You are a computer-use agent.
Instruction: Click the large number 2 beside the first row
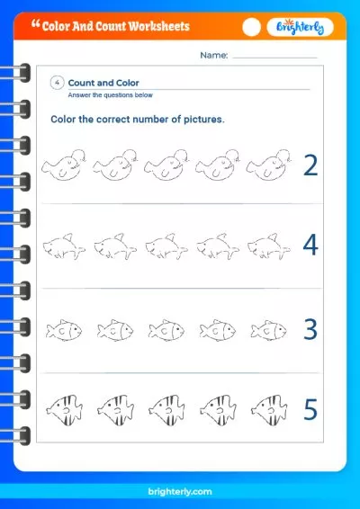click(310, 165)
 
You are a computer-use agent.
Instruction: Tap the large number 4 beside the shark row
click(310, 245)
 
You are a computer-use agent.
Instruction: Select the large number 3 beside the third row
click(310, 329)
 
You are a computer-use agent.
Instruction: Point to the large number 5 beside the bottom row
click(310, 409)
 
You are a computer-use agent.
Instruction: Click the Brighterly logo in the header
click(300, 27)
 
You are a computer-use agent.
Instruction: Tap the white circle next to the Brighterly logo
click(251, 27)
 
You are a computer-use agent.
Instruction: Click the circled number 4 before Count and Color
click(58, 83)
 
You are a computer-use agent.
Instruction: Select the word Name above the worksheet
click(214, 55)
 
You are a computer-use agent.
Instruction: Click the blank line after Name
click(274, 58)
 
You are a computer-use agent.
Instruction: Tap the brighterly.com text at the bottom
click(180, 492)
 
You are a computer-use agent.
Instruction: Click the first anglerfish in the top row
click(64, 165)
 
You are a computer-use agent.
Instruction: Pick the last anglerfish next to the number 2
click(269, 165)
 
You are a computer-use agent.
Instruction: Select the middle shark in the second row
click(166, 246)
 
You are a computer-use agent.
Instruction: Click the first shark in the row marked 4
click(64, 246)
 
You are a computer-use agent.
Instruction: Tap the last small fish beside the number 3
click(268, 330)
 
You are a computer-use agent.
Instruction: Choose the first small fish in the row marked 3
click(64, 330)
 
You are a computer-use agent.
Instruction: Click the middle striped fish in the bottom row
click(166, 410)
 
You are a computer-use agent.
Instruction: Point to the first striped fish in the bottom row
click(64, 410)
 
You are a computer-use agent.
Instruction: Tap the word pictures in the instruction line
click(204, 120)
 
